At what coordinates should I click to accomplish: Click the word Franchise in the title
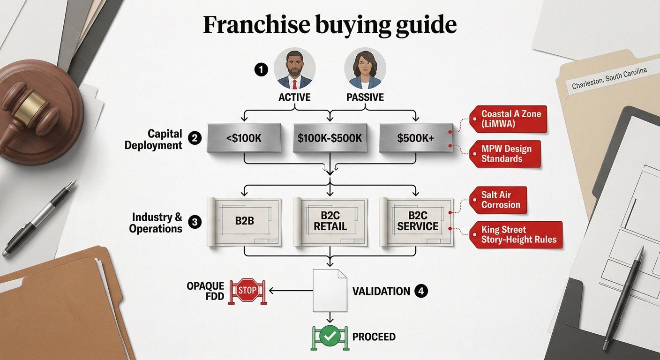coord(256,25)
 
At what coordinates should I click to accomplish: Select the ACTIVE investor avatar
coord(295,68)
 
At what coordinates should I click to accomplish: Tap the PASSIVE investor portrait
coord(365,68)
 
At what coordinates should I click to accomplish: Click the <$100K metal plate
coord(244,138)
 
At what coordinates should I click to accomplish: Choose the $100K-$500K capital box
coord(330,138)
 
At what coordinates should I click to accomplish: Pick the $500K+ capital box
coord(416,138)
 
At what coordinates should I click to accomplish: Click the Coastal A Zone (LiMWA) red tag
coord(508,119)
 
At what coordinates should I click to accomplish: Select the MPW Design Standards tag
coord(505,154)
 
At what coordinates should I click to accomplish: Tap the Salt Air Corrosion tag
coord(498,200)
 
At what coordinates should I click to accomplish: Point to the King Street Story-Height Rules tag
coord(516,235)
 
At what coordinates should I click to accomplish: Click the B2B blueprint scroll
coord(244,222)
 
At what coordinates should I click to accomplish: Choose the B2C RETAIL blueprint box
coord(330,222)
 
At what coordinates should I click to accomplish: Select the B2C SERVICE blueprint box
coord(416,222)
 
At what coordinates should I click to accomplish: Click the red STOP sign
coord(247,290)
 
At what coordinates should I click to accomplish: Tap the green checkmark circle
coord(330,336)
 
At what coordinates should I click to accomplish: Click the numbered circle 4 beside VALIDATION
coord(421,291)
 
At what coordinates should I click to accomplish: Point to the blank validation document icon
coord(330,290)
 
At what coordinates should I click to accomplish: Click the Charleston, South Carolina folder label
coord(609,78)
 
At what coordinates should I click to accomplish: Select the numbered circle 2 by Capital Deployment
coord(195,138)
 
